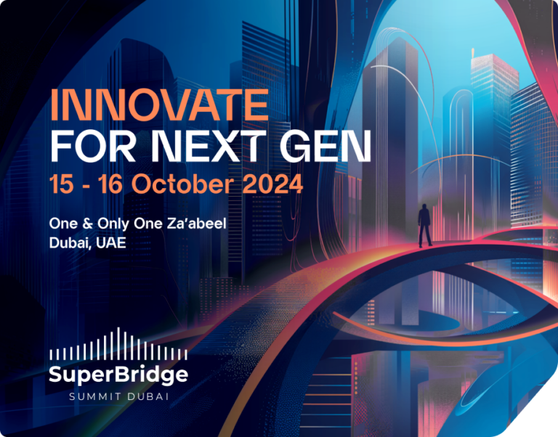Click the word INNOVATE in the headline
coord(159,106)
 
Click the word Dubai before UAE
coord(70,242)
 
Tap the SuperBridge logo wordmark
coord(118,375)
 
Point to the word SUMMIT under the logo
coord(94,396)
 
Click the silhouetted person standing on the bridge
coord(424,225)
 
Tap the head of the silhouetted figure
coord(424,208)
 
